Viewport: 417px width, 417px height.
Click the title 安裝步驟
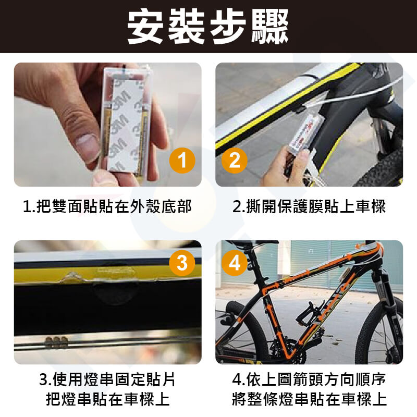pos(208,26)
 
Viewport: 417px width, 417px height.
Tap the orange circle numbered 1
pos(182,161)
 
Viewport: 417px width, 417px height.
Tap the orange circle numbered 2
pos(234,161)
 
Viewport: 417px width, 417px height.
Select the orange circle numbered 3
pos(182,263)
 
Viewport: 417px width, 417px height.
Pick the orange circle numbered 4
pos(234,263)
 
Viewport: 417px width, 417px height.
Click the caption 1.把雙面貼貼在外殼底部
pos(107,206)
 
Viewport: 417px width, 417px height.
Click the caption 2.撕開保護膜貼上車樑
pos(309,206)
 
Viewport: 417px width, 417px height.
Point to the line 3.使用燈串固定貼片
pos(107,379)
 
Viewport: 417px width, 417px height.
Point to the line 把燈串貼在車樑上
pos(108,399)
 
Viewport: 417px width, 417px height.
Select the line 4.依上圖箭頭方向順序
pos(309,379)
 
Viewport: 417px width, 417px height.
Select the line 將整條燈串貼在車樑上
pos(309,399)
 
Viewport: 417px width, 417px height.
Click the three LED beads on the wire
pos(56,342)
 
